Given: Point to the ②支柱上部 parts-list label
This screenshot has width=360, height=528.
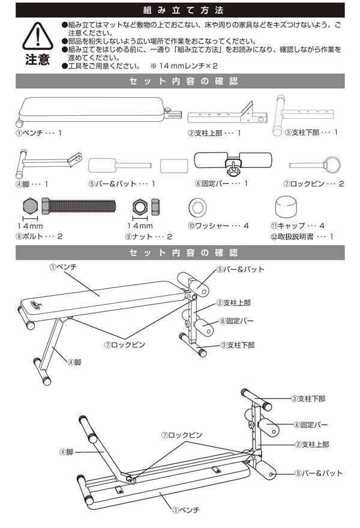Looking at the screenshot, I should (x=214, y=132).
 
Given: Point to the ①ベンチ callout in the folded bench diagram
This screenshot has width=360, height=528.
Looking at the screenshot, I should (x=185, y=509).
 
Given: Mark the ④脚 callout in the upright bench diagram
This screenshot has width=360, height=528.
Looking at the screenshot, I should (x=74, y=362).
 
